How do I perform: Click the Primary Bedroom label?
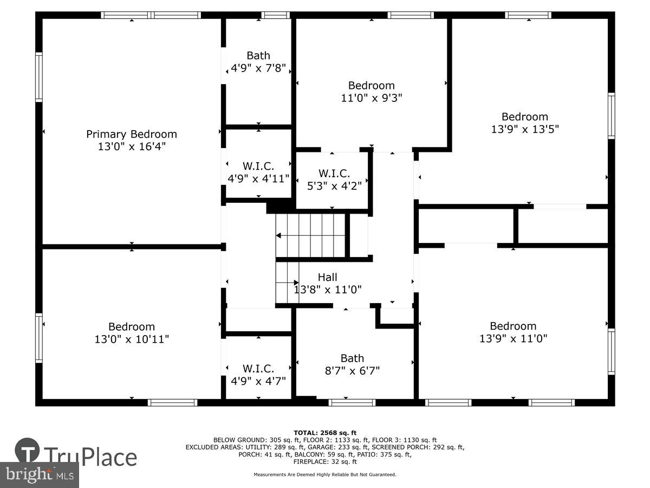coord(132,134)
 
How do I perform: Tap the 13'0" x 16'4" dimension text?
coord(132,147)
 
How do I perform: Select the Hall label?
coord(327,278)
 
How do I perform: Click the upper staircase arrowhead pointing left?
coord(278,235)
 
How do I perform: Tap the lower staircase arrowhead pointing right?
coord(296,282)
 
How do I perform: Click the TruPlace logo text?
coord(90,457)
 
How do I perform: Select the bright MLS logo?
coord(39,475)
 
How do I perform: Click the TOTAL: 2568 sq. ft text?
coord(325,432)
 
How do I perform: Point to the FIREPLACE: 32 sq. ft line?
coord(325,462)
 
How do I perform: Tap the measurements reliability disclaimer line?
coord(325,474)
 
